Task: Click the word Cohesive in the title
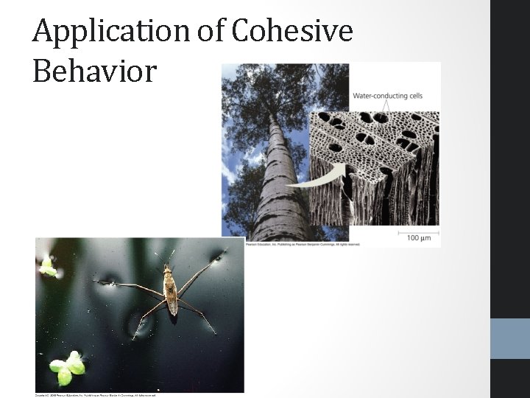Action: point(292,31)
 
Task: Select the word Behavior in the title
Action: point(95,71)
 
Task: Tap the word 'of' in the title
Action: point(209,31)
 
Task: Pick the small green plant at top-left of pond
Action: point(48,267)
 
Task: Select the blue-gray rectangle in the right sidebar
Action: point(510,338)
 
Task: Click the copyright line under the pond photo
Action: point(96,395)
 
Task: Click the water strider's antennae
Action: point(165,257)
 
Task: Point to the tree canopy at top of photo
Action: point(265,88)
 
